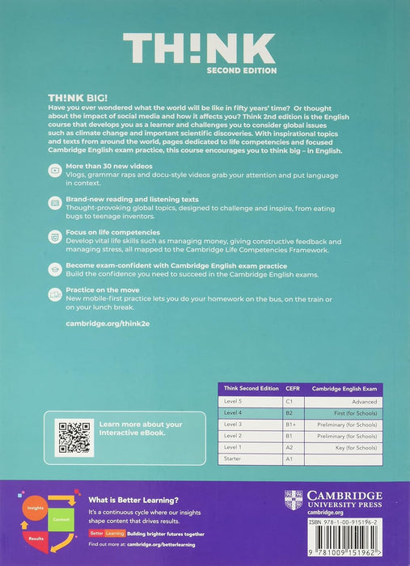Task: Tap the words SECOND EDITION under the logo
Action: tap(242, 70)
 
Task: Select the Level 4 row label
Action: tap(234, 412)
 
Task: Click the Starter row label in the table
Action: tap(234, 458)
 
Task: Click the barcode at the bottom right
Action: tap(343, 546)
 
